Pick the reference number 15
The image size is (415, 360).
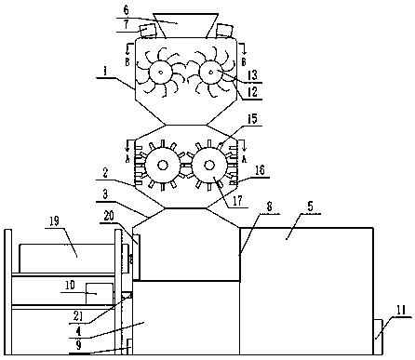252,120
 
